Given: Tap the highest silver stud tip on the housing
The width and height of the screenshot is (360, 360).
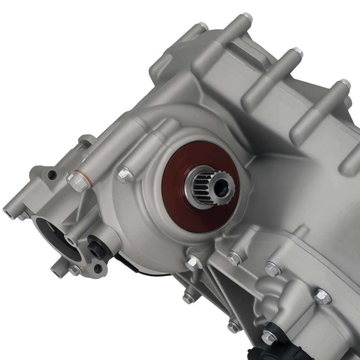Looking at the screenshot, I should tap(247, 16).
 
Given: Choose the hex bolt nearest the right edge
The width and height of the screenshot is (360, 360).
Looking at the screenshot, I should tap(323, 296).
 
